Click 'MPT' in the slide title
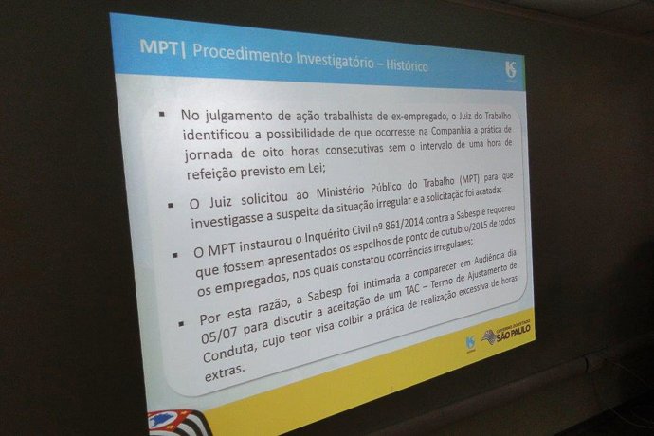click(158, 47)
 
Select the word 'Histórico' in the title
click(407, 65)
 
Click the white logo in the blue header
click(511, 70)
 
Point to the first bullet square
click(162, 114)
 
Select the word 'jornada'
click(209, 154)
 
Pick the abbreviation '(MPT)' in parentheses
click(469, 180)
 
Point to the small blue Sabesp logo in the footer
click(470, 344)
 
